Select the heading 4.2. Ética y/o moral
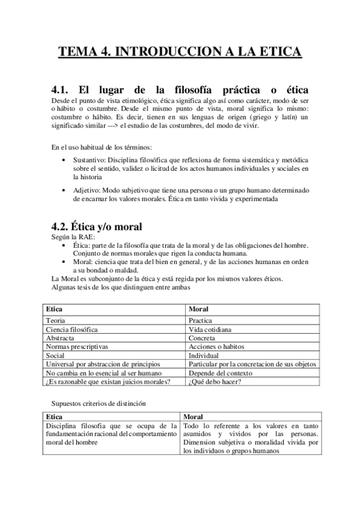tap(96, 227)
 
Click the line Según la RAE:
tap(69, 238)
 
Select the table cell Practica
tap(200, 321)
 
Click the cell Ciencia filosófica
tap(72, 330)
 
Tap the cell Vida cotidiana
tap(210, 330)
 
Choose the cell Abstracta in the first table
tap(60, 338)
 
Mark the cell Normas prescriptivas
tap(76, 347)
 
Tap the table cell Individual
tap(204, 355)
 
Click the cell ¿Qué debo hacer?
tap(213, 381)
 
